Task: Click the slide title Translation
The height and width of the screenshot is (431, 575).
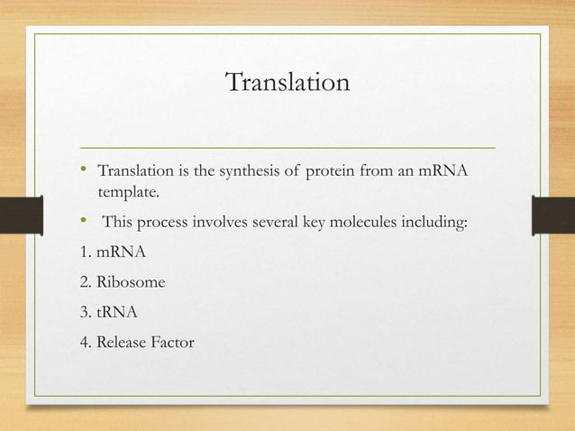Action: pos(287,83)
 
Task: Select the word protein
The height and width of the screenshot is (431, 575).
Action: pos(334,171)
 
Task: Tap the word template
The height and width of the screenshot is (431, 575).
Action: pos(126,192)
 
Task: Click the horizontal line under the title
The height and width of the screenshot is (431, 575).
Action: pos(287,145)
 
